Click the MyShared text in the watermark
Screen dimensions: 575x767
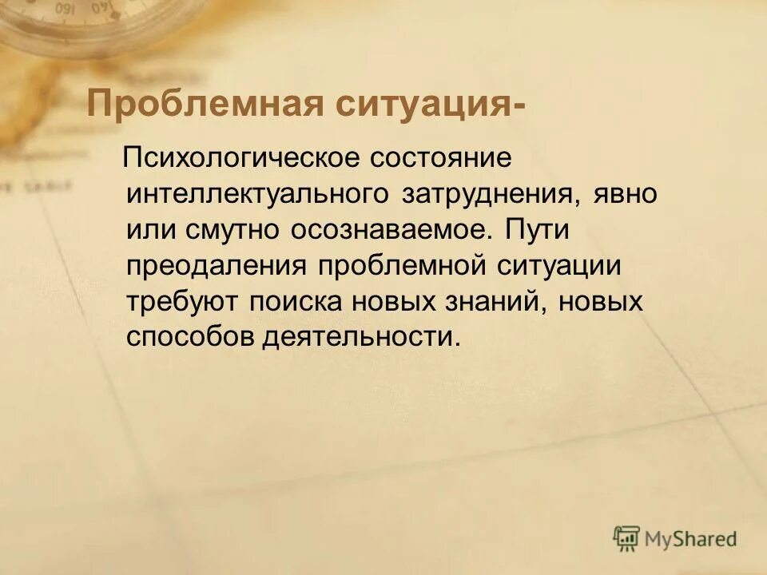pos(692,539)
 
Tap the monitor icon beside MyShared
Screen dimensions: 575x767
pos(627,538)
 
